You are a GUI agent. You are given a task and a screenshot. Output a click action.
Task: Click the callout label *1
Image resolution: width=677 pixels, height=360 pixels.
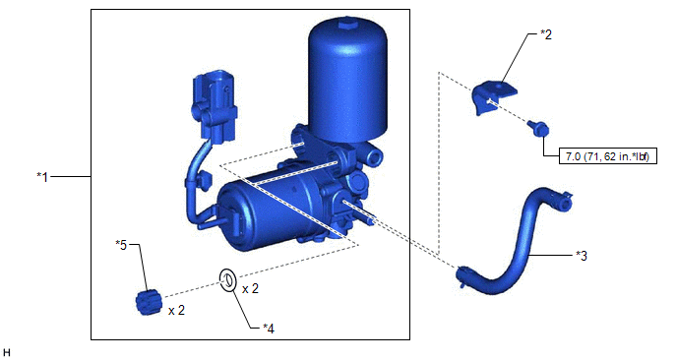(x=42, y=176)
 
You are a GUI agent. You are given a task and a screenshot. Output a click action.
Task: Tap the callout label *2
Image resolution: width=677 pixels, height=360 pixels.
(x=546, y=34)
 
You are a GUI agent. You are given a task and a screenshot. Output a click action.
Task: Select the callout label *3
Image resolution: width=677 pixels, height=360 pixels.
(x=582, y=256)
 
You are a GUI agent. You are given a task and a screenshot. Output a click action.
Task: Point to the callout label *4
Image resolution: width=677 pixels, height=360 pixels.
(x=268, y=329)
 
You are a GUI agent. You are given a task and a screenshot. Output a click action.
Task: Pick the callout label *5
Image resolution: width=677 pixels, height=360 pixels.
(x=121, y=245)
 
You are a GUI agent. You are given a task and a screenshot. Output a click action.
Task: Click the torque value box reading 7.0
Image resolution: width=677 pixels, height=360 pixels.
(x=608, y=156)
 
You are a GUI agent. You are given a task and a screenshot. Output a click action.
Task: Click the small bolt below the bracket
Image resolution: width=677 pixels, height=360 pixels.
(x=538, y=128)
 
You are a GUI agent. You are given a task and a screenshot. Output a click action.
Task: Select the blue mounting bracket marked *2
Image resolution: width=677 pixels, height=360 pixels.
(x=493, y=97)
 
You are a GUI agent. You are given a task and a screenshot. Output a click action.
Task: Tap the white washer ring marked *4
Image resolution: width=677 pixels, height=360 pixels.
(x=227, y=280)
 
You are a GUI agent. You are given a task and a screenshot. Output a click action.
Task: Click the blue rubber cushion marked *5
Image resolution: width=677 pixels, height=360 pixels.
(x=149, y=303)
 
